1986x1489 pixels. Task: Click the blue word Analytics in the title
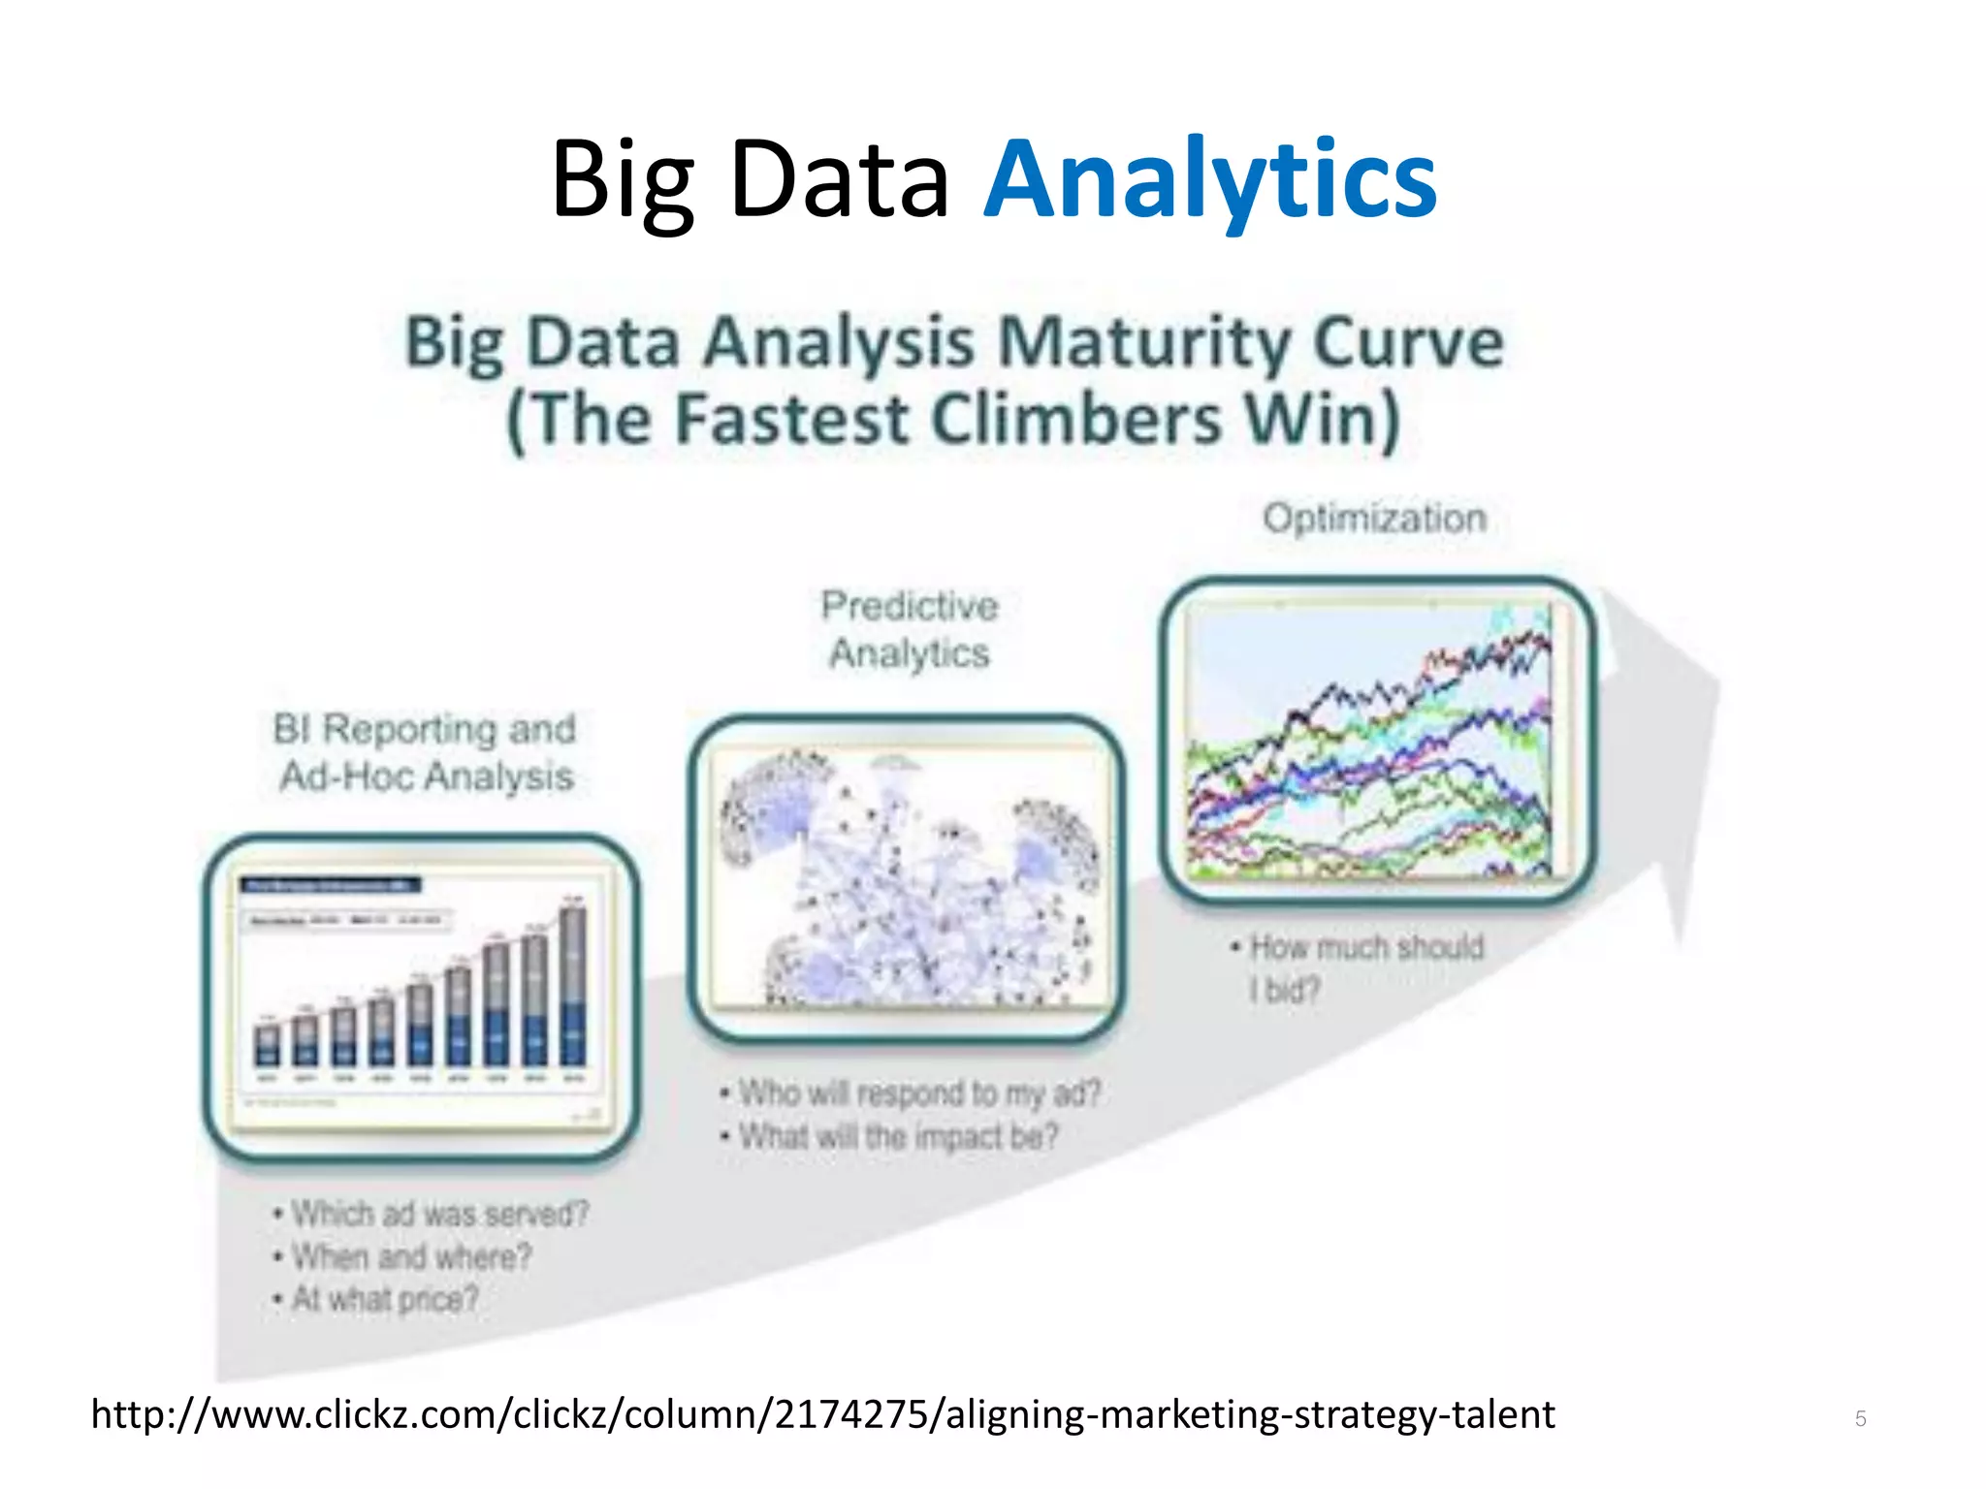coord(1209,180)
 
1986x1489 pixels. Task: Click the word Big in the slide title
coord(623,180)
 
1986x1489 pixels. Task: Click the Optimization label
coord(1373,519)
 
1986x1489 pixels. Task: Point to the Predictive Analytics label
coord(909,629)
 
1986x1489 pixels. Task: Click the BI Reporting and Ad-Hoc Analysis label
coord(425,752)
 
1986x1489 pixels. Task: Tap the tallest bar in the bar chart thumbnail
coord(573,984)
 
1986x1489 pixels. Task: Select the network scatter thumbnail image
coord(907,877)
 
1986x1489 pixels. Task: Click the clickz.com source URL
coord(822,1415)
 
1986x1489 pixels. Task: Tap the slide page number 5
coord(1860,1419)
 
